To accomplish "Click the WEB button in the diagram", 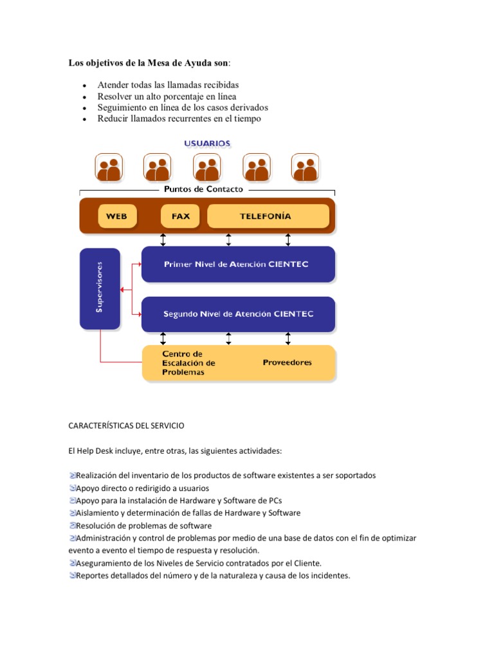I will tap(116, 216).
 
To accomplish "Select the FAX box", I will tap(181, 216).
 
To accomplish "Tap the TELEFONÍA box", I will tap(265, 216).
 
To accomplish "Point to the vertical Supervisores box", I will tap(100, 290).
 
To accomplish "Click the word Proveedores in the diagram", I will tap(287, 362).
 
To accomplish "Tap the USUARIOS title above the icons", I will tap(207, 143).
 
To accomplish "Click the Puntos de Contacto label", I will tap(203, 189).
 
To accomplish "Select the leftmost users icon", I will tap(109, 168).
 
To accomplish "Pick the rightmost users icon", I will tap(305, 168).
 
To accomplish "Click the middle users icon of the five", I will tap(207, 168).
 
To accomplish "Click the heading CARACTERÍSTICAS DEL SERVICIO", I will tap(126, 425).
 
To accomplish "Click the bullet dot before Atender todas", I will tap(84, 86).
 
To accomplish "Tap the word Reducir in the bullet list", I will tap(114, 118).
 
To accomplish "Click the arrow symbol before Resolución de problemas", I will tap(72, 526).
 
